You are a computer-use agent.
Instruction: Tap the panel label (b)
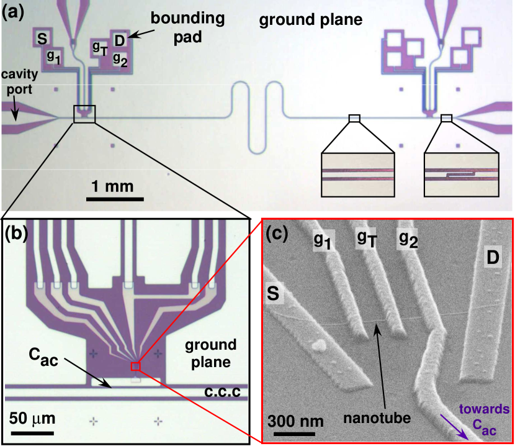(16, 233)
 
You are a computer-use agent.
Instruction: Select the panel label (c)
(277, 233)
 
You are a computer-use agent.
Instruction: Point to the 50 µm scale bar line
(30, 428)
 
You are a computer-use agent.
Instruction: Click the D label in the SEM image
(494, 257)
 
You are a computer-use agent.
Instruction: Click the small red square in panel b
(135, 366)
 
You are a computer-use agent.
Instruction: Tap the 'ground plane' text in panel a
(310, 20)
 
